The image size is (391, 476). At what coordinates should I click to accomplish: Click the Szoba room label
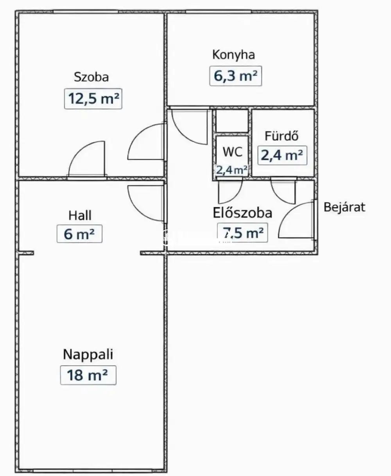coord(91,77)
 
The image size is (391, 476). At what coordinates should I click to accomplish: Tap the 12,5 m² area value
coord(93,98)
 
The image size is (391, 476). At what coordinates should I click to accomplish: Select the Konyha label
coord(233,55)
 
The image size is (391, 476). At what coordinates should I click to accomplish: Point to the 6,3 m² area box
coord(236,76)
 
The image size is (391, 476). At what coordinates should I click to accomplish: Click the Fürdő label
coord(282,136)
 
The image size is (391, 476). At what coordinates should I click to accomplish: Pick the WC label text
coord(232,152)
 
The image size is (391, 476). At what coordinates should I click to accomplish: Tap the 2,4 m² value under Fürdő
coord(282,155)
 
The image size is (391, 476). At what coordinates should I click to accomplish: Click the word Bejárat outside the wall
coord(344,207)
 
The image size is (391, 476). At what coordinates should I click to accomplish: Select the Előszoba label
coord(242,213)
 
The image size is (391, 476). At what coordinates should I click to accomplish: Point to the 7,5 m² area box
coord(242,233)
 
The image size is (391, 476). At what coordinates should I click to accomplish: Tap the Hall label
coord(80,216)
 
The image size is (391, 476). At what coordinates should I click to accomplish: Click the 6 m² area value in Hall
coord(79,234)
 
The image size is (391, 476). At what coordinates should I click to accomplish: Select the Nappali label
coord(88,354)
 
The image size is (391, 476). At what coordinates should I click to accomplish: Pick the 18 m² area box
coord(88,375)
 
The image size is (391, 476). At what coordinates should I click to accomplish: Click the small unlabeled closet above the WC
coord(232,121)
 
